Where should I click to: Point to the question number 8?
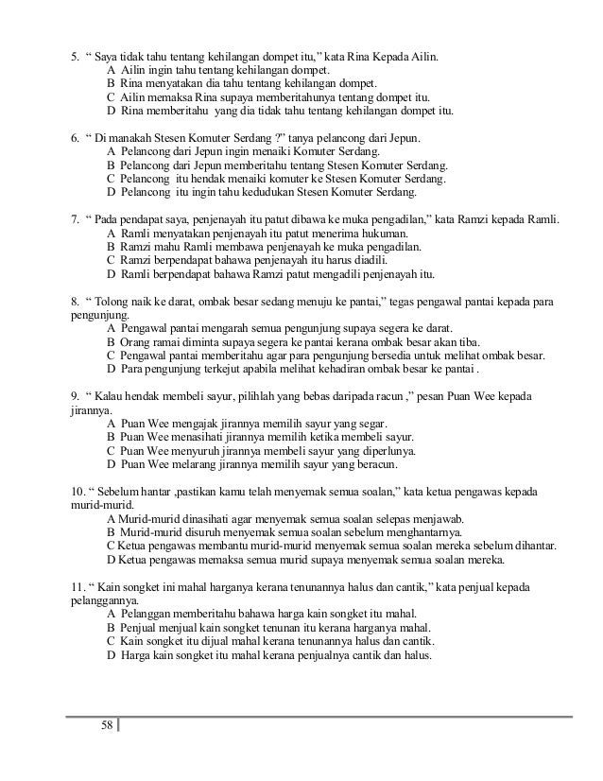[75, 301]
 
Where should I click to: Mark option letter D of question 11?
[112, 651]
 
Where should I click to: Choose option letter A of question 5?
[112, 69]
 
